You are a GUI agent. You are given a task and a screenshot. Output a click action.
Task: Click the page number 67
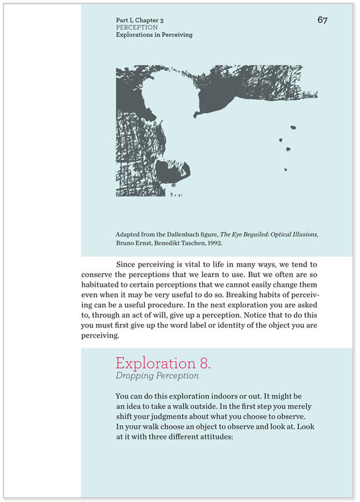(323, 20)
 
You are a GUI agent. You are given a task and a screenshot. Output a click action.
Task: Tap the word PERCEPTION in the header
(136, 27)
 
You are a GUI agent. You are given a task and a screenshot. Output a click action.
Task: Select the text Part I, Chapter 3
(139, 20)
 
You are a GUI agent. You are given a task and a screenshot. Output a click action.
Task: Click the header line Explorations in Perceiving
(154, 35)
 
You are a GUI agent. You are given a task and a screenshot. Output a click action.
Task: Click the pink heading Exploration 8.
(163, 363)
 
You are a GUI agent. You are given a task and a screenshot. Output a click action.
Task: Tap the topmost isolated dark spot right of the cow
(293, 127)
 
